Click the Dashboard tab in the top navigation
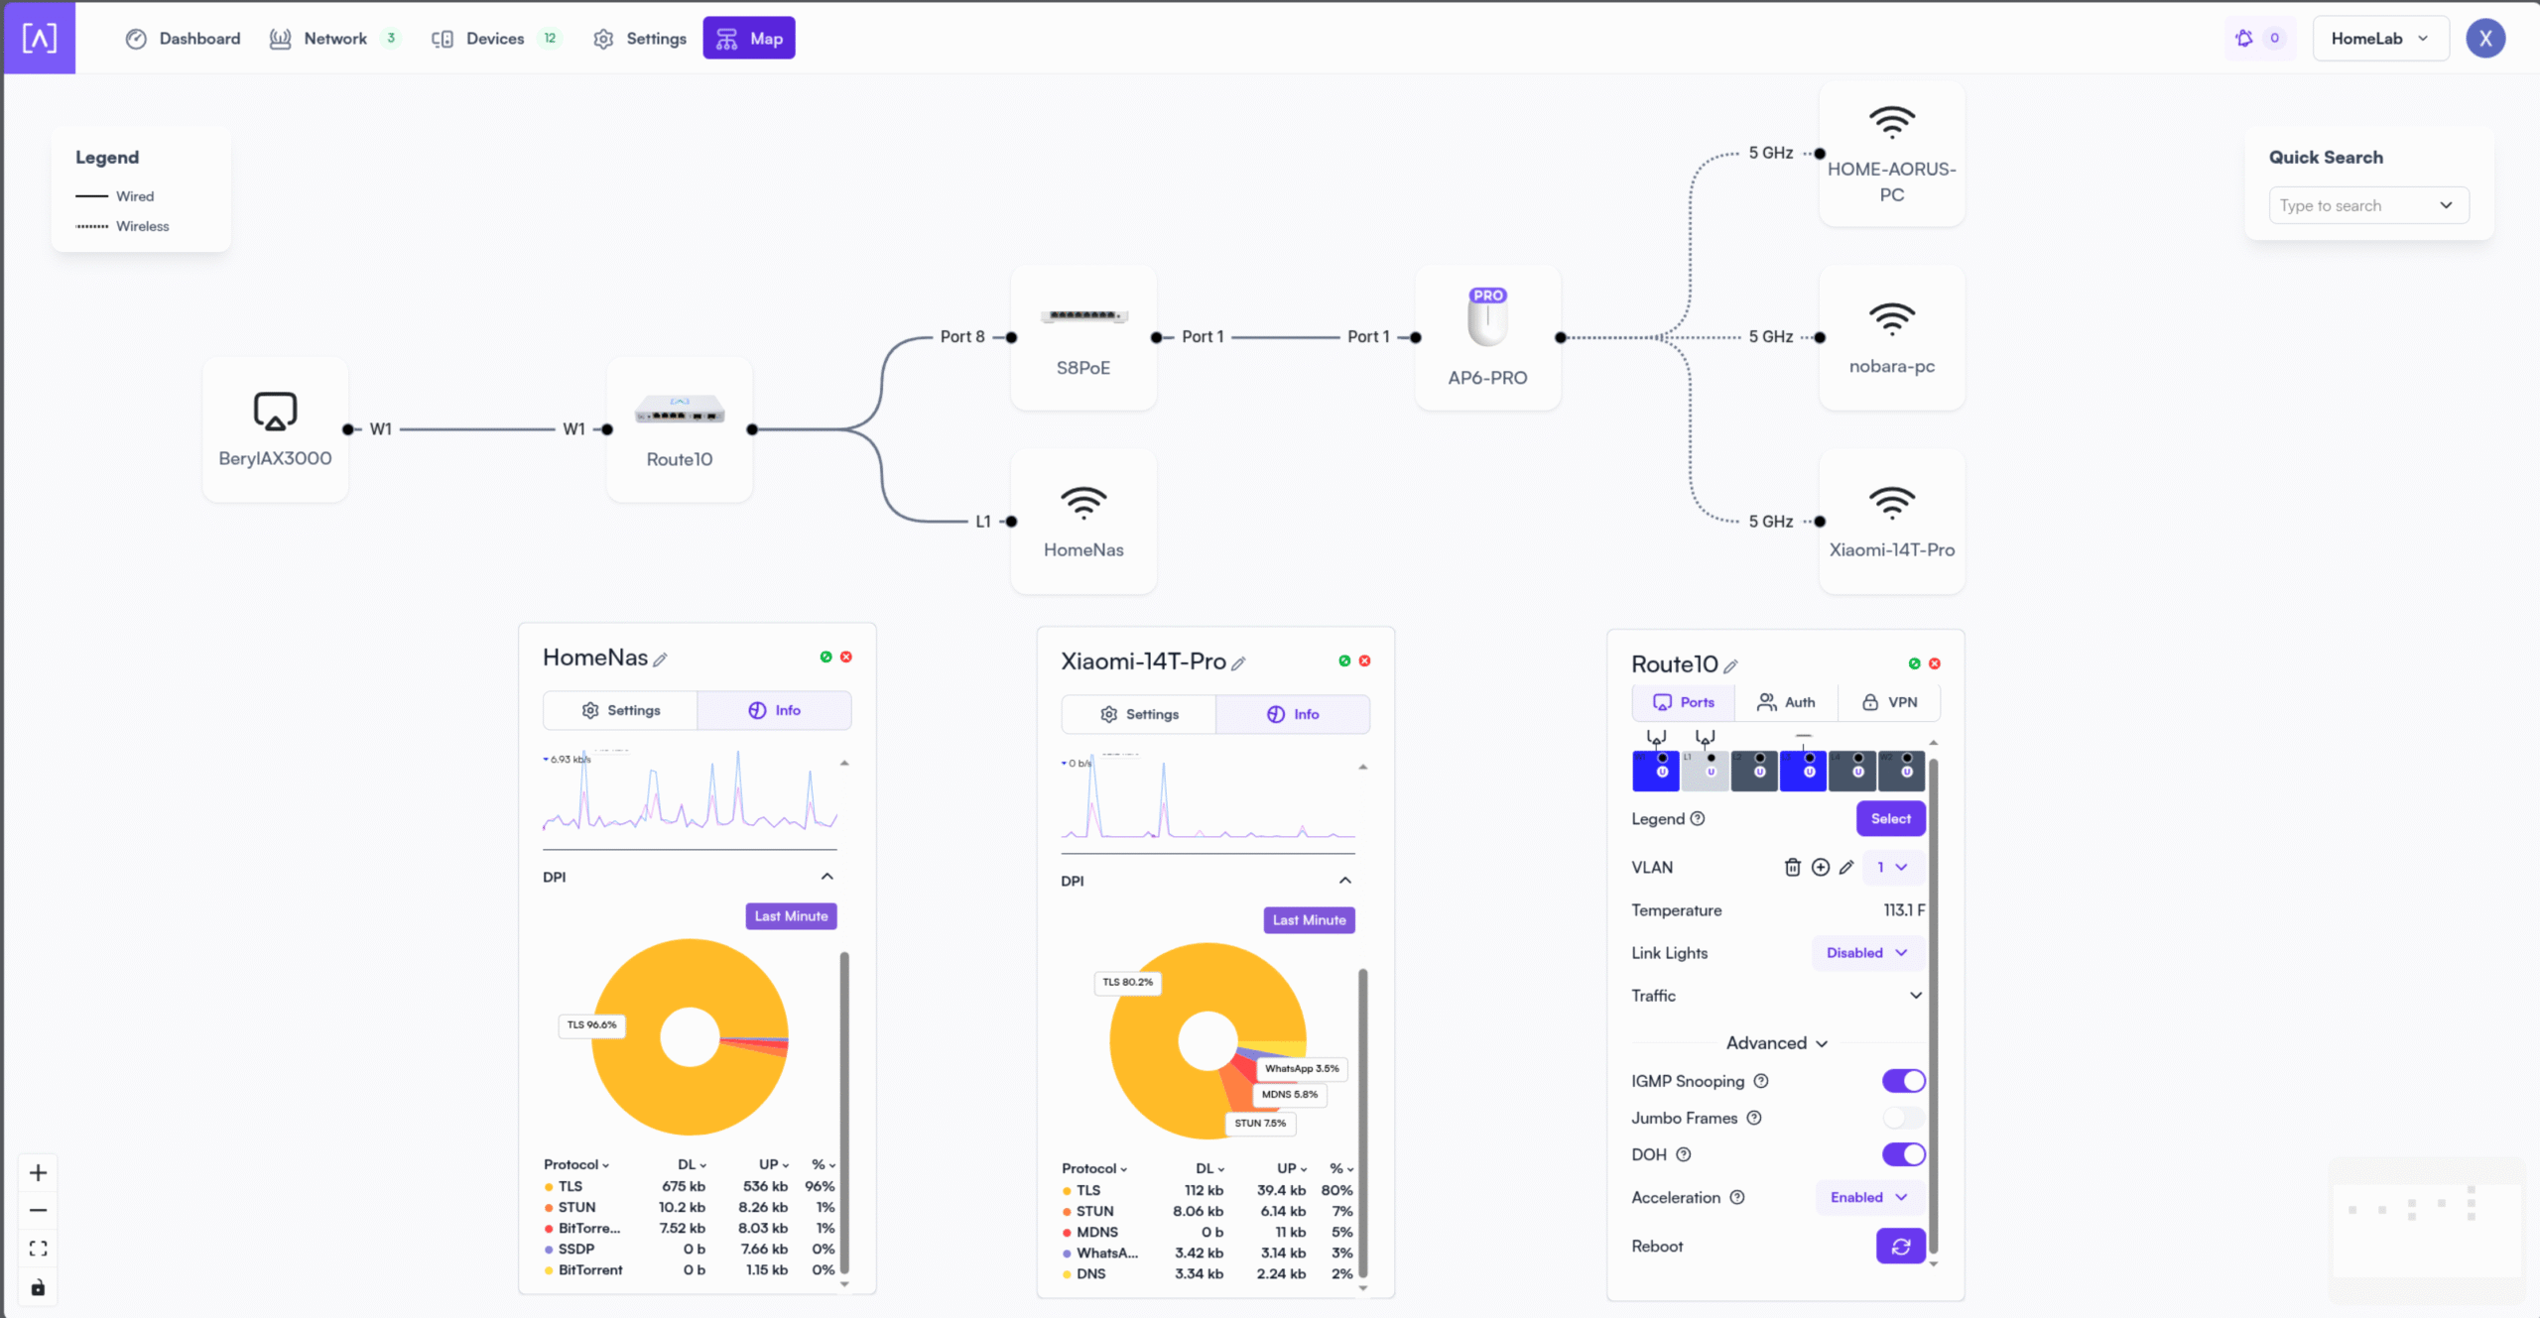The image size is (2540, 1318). point(184,39)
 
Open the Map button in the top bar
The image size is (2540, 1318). point(749,39)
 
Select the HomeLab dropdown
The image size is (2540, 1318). point(2379,39)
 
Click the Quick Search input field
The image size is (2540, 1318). point(2356,205)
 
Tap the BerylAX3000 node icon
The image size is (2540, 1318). point(275,411)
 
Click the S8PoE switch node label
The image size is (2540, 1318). point(1082,368)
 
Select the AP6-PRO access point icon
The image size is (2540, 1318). point(1487,318)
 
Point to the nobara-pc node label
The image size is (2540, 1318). point(1891,366)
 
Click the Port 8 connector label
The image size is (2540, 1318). point(962,337)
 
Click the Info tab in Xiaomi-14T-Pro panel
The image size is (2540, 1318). point(1293,714)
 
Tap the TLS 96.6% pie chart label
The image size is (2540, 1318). point(591,1024)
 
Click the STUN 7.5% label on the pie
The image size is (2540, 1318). point(1260,1123)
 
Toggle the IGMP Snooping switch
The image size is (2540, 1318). point(1903,1081)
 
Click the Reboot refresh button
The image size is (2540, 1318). point(1900,1247)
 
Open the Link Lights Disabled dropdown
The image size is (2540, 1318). point(1866,953)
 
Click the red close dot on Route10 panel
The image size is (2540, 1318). point(1934,663)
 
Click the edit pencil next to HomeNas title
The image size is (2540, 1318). point(660,659)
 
